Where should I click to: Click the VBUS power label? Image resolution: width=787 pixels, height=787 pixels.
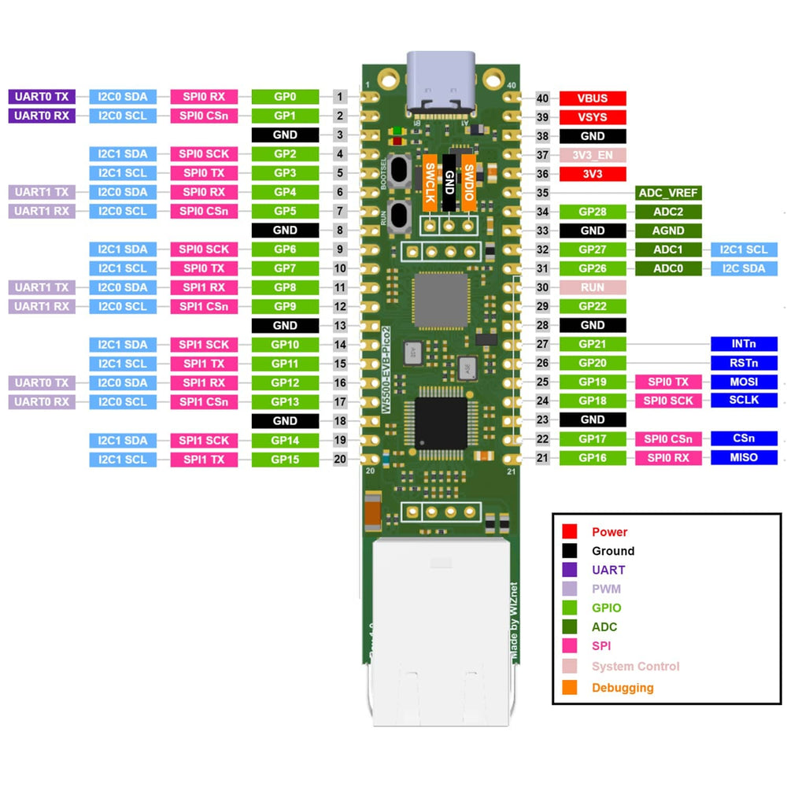593,98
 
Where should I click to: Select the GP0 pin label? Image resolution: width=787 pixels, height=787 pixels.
285,97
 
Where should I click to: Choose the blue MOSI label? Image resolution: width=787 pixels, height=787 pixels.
743,382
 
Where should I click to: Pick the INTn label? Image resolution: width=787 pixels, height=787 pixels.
743,344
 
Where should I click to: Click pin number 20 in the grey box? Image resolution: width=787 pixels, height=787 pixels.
340,459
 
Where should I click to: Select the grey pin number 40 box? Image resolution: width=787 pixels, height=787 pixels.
542,98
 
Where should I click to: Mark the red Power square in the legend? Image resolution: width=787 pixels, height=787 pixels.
570,532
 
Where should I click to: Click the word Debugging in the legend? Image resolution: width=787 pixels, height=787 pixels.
623,688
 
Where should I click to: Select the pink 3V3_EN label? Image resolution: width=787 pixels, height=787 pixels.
593,155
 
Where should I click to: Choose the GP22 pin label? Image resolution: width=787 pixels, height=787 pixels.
593,306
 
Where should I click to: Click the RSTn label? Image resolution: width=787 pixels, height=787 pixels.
743,363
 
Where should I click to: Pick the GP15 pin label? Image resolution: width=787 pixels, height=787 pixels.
285,459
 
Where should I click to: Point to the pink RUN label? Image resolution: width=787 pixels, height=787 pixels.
593,287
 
